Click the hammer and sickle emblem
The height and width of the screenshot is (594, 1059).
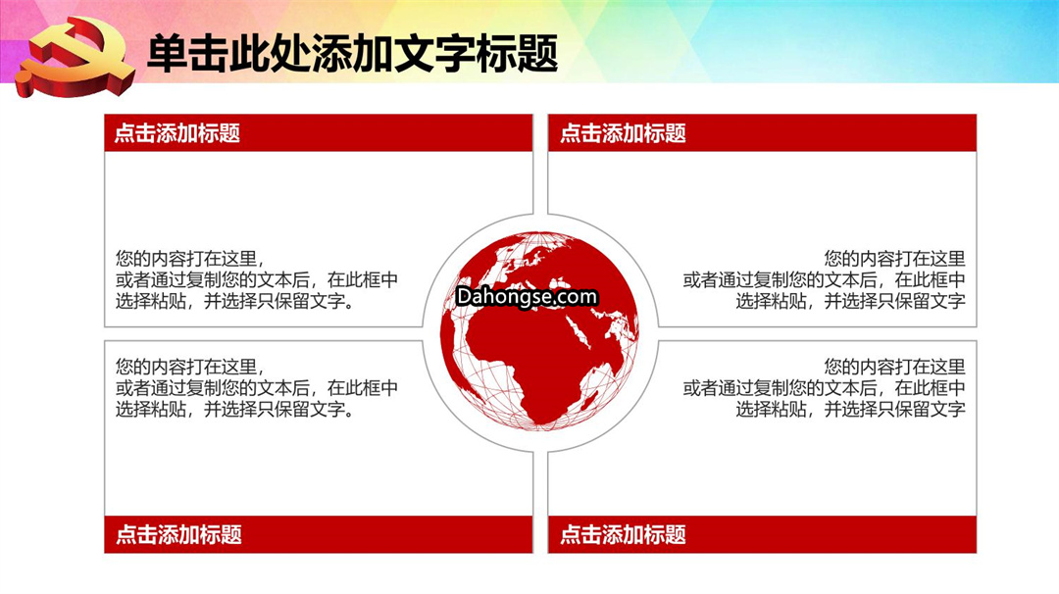[x=76, y=57]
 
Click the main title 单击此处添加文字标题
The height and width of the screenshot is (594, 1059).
[x=353, y=53]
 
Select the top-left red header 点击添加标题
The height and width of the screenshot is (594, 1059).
[x=177, y=133]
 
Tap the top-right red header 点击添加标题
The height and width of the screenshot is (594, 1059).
[x=623, y=133]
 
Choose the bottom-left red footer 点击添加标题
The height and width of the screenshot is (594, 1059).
[x=179, y=534]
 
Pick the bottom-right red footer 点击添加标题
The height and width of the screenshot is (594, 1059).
[x=623, y=534]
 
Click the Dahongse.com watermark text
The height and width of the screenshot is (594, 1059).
[x=527, y=297]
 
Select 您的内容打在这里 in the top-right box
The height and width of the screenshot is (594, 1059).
[x=894, y=259]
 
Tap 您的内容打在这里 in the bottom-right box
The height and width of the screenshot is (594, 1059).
[x=894, y=367]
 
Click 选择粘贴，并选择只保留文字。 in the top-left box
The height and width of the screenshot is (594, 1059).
[x=235, y=301]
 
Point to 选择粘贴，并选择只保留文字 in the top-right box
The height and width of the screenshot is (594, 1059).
[x=850, y=301]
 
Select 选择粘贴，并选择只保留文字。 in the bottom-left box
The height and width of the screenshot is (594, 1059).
[x=235, y=409]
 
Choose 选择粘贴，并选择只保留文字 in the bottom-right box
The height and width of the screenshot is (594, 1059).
[x=850, y=409]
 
